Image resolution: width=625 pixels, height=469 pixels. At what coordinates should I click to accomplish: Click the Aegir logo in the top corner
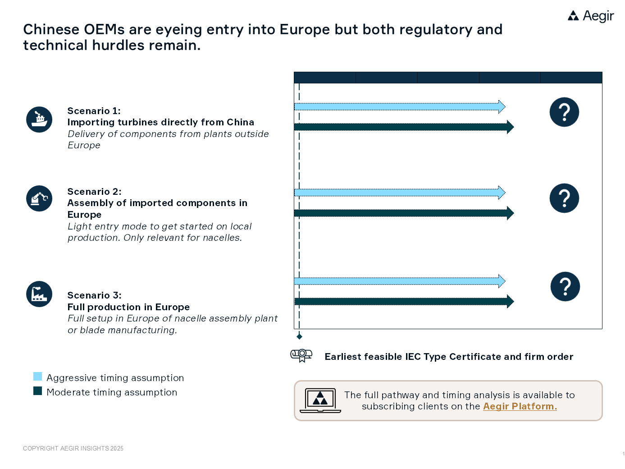coord(590,16)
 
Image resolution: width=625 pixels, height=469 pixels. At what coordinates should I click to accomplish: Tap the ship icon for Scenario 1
coord(39,120)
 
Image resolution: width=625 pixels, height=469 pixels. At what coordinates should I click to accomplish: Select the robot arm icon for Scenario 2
coord(39,198)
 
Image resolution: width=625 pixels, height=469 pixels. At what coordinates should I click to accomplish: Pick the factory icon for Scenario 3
coord(39,294)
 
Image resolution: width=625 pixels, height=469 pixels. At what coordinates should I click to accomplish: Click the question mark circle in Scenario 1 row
coord(564,112)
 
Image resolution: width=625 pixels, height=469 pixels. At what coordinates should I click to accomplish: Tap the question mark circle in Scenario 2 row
coord(564,198)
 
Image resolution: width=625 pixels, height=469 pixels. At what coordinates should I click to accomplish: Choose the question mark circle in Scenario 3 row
coord(565,287)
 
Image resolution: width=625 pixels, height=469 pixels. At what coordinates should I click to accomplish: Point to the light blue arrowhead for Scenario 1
coord(502,107)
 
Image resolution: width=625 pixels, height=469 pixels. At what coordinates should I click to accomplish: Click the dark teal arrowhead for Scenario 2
coord(510,213)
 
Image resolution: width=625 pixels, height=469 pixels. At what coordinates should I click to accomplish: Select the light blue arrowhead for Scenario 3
coord(502,281)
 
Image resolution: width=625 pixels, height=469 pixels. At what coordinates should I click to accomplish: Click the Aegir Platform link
coord(520,406)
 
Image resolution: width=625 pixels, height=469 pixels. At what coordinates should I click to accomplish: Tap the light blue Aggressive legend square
coord(38,377)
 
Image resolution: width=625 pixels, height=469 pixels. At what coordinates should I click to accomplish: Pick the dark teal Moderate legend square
coord(38,391)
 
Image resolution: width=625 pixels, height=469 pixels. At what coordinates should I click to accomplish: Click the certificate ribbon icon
coord(301,355)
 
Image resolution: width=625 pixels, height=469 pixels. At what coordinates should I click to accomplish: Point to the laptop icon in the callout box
coord(320,400)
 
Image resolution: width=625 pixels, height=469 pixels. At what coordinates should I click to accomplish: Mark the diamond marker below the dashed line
coord(299,336)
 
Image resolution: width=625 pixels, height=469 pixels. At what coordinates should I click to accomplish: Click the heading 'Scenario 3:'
coord(94,295)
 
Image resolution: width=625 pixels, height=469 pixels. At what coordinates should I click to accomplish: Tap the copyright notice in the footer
coord(73,448)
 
